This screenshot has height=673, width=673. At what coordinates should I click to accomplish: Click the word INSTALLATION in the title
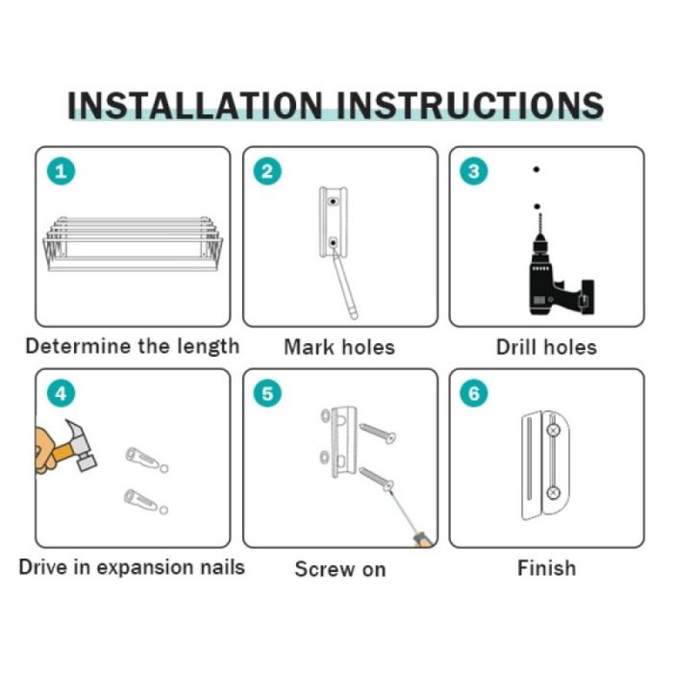click(195, 105)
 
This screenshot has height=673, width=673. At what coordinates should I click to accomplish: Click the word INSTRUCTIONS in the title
click(470, 105)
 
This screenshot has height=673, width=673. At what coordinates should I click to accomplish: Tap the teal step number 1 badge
click(61, 171)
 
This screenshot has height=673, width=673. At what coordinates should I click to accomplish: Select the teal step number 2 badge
click(267, 171)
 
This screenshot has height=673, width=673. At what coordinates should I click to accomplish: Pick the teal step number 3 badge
click(474, 171)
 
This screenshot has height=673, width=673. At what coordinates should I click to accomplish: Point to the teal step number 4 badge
click(61, 393)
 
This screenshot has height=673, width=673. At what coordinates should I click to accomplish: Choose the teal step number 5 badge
click(267, 393)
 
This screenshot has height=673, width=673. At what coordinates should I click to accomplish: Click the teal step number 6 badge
click(474, 393)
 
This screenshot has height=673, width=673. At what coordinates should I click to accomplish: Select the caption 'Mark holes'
click(339, 347)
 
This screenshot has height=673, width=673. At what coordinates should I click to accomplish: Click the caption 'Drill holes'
click(546, 347)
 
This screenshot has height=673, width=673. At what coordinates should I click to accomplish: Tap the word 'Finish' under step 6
click(546, 568)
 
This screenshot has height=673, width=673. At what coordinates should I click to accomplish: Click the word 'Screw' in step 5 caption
click(324, 569)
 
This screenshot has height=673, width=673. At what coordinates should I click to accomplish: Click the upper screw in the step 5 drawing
click(377, 433)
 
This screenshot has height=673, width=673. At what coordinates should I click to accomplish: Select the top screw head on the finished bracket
click(554, 430)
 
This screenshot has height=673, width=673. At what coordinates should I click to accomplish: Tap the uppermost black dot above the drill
click(536, 169)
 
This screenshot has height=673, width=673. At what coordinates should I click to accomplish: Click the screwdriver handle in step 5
click(422, 539)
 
